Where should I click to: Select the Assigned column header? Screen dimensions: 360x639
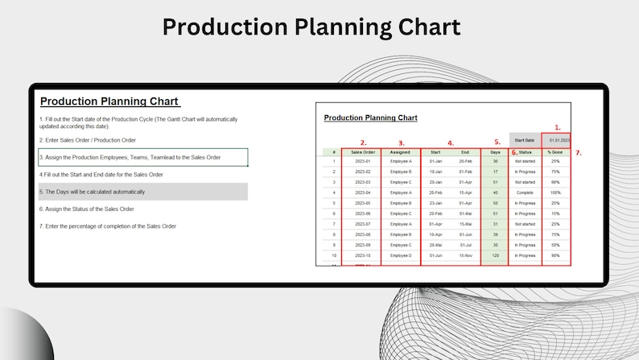coord(400,151)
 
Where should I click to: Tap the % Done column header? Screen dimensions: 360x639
coord(554,151)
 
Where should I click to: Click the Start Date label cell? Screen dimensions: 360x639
coord(525,139)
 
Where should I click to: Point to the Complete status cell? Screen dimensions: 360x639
coord(525,192)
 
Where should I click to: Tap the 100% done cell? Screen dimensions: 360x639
coord(554,192)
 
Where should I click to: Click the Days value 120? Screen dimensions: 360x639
coord(495,255)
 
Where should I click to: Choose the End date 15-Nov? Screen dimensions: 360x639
coord(465,255)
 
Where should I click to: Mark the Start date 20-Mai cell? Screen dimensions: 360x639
coord(435,245)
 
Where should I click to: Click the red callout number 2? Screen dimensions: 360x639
coord(363,143)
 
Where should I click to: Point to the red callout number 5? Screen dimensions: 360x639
coord(497,143)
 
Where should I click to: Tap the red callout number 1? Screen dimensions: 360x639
coord(558,127)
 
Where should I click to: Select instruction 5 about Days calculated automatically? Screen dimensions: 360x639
coord(93,192)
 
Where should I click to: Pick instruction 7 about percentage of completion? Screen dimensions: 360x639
coord(108,226)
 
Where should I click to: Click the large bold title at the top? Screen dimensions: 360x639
coord(311,27)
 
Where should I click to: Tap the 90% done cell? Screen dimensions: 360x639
coord(554,255)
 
